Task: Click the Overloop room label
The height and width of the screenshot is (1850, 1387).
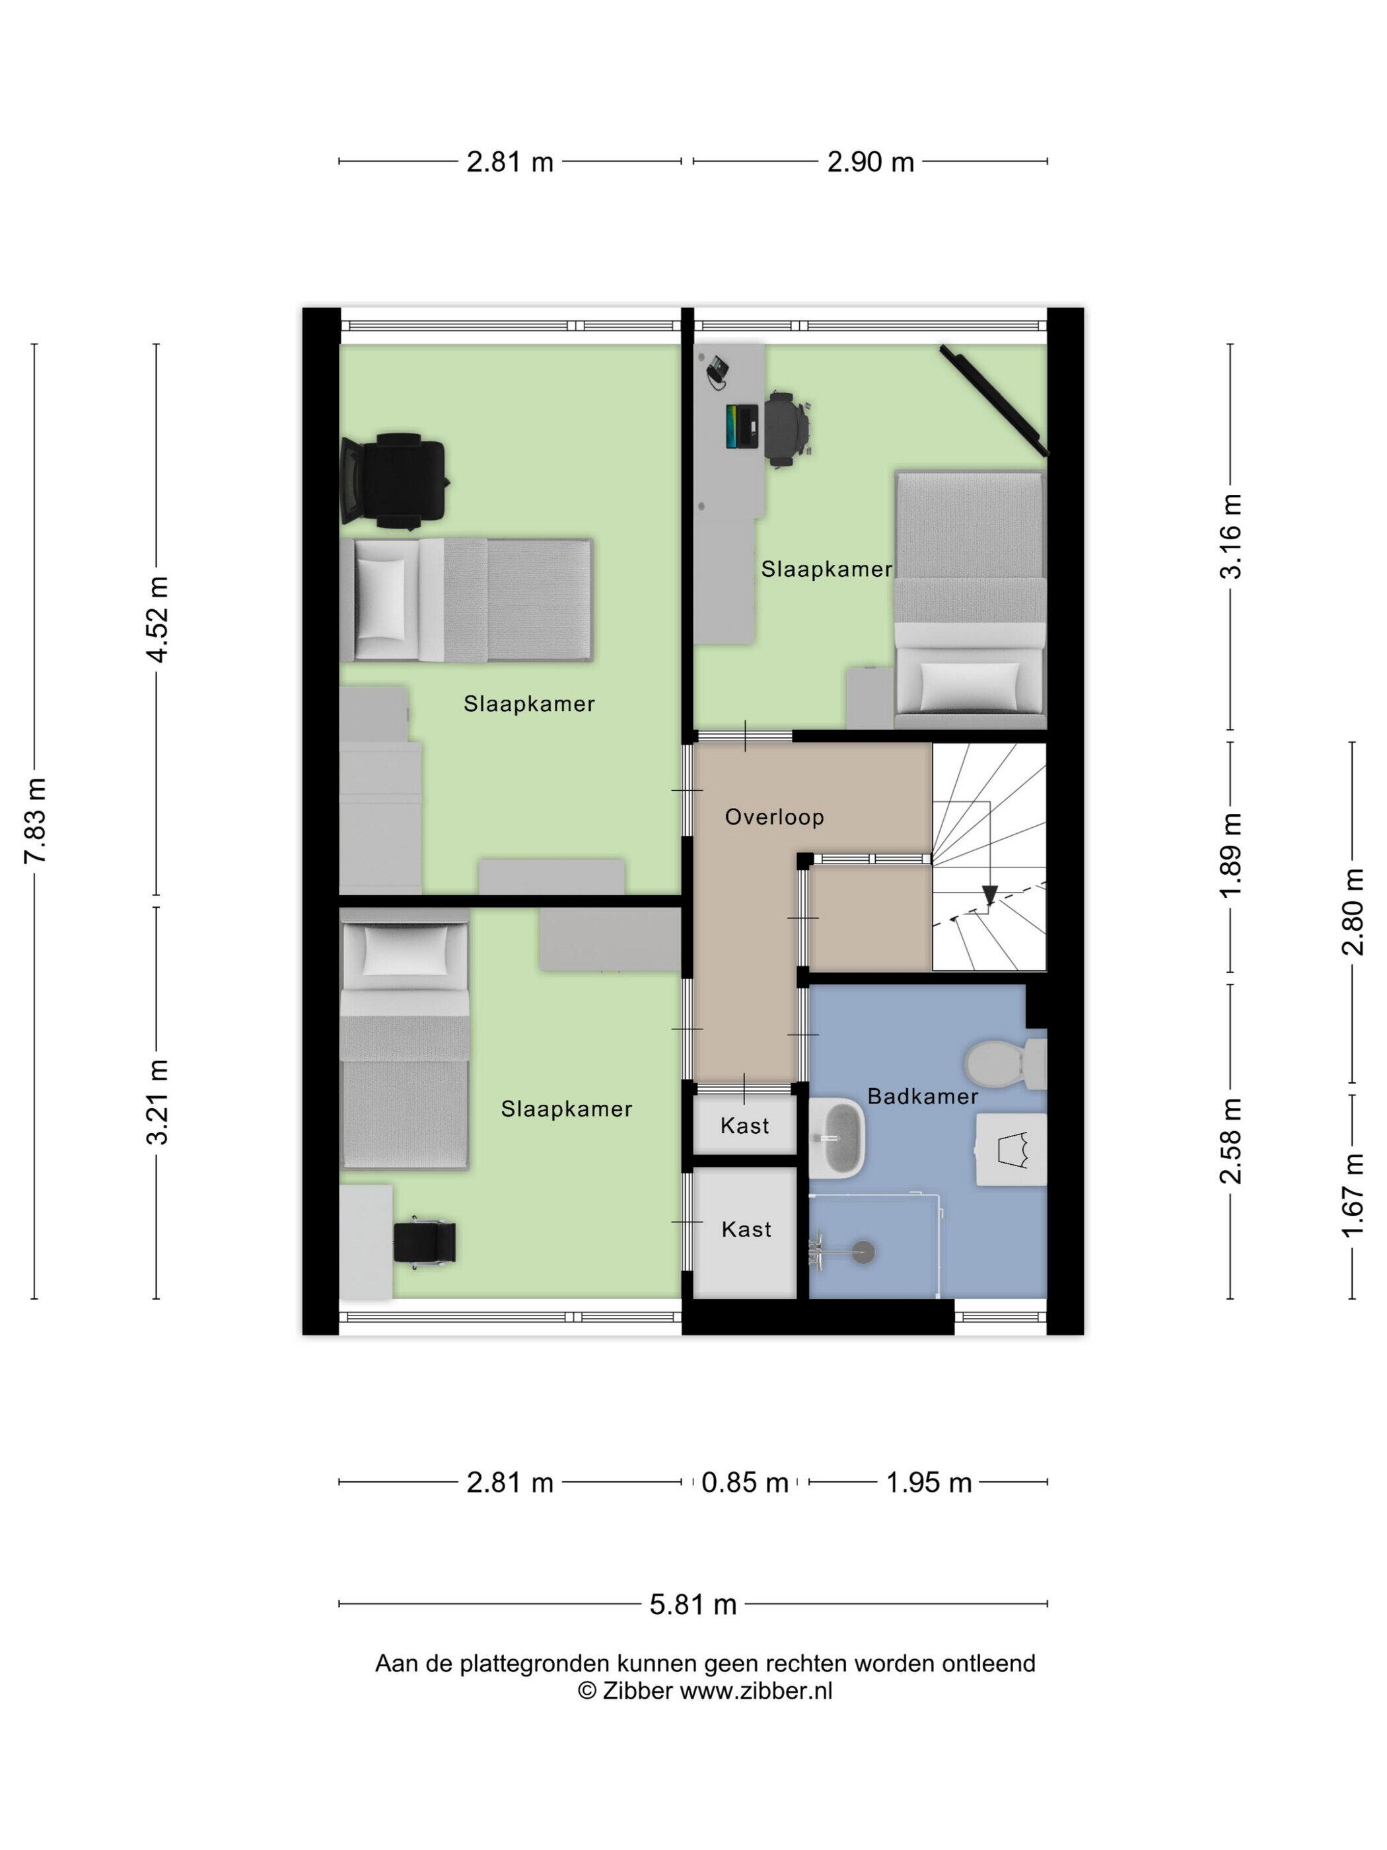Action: (774, 816)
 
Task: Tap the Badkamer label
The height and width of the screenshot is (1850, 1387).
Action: (922, 1095)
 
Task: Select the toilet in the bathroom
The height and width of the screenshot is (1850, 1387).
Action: (1006, 1064)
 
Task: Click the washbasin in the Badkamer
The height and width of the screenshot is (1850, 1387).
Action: (837, 1138)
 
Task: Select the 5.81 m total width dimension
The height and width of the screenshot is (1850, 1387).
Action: (693, 1605)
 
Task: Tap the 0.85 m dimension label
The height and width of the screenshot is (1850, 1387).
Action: (745, 1483)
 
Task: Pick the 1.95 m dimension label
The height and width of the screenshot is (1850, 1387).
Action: (928, 1483)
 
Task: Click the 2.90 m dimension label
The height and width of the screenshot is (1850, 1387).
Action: (871, 163)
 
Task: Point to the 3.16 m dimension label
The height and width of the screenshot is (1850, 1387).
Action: (1230, 536)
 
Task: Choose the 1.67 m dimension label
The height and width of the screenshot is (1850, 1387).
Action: (1353, 1195)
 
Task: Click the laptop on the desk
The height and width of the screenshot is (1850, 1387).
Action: (742, 425)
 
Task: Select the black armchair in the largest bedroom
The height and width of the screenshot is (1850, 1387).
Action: (394, 481)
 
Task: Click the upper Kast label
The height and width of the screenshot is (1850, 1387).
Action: (744, 1126)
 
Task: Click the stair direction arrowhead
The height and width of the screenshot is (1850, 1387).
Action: (990, 895)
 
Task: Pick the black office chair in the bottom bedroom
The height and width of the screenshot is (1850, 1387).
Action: (425, 1241)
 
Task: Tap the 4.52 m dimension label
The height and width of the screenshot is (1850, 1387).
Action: (157, 620)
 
